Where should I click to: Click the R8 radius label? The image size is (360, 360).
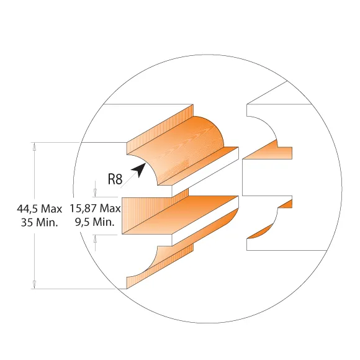point(115,179)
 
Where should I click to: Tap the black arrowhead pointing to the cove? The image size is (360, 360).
point(138,169)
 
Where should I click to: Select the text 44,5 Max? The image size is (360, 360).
point(40,209)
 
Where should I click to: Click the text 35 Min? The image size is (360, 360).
point(39,222)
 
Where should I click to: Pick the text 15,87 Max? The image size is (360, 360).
point(96,209)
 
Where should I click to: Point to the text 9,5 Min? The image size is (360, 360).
point(94,222)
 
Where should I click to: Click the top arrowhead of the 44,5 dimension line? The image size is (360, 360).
point(34,146)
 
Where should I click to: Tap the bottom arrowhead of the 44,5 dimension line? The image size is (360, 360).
point(34,285)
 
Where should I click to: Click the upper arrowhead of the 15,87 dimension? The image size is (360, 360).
point(96,193)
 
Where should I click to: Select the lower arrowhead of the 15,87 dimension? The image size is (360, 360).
point(96,238)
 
